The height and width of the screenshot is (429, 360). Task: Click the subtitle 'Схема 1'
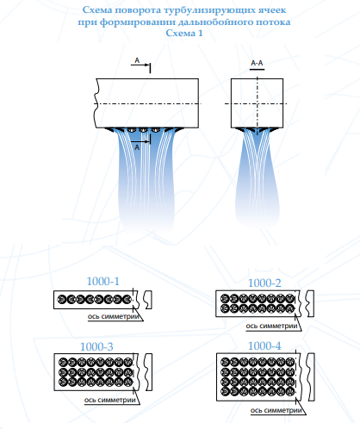[184, 33]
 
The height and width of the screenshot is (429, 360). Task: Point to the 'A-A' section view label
[257, 63]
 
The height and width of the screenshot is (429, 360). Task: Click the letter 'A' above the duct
[137, 60]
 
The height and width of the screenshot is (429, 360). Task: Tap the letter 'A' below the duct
[137, 147]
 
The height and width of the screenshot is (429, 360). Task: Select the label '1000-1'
[102, 282]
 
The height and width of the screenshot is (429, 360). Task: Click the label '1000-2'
[264, 283]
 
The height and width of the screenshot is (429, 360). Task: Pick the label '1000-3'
[96, 346]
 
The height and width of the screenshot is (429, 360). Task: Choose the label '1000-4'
[264, 345]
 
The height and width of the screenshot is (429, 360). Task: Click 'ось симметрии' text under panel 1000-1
[114, 316]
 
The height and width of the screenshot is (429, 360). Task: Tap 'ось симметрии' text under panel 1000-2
[271, 326]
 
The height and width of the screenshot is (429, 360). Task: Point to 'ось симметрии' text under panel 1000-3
[110, 400]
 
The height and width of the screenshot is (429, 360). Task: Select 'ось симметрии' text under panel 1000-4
[276, 410]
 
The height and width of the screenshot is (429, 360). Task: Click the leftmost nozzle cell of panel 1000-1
[62, 300]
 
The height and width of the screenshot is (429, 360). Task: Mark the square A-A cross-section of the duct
[258, 103]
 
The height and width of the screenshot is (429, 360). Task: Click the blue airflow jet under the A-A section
[258, 178]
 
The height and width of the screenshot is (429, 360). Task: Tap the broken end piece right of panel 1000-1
[148, 300]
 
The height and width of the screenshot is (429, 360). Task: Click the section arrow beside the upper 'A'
[140, 65]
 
